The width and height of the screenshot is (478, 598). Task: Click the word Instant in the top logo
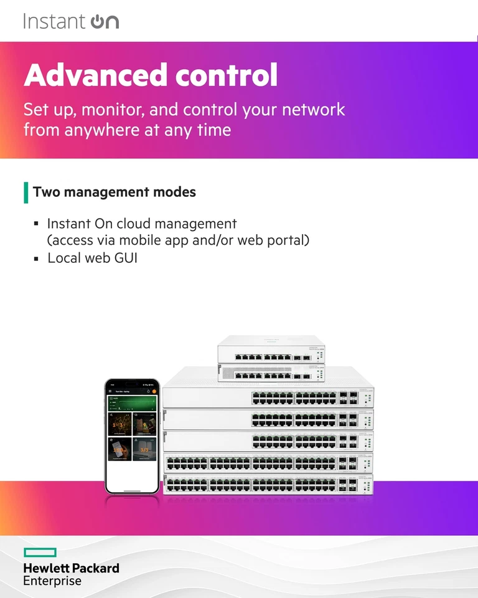(x=54, y=21)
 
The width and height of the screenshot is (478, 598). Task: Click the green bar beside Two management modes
(x=26, y=192)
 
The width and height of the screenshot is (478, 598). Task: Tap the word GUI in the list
(x=124, y=257)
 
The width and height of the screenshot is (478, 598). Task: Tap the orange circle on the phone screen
(x=152, y=392)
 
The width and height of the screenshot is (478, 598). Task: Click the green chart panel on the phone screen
(x=131, y=405)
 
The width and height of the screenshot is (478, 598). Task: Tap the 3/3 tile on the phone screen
(x=144, y=448)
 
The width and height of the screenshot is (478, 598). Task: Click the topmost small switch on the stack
(x=271, y=350)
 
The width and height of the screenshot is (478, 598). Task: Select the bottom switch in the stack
(x=268, y=484)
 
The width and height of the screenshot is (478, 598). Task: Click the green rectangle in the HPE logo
(x=40, y=553)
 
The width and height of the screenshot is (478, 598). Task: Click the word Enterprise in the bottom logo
(x=52, y=581)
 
